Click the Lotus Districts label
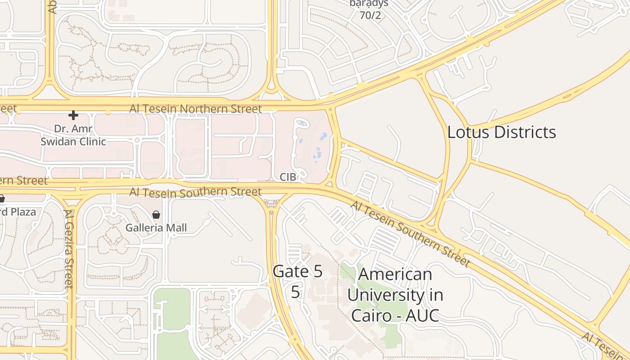point(501,132)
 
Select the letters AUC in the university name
point(422,315)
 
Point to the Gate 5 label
point(297,271)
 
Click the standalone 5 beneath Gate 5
point(295,292)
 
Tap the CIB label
point(288,177)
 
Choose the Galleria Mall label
point(156,228)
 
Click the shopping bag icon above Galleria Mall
point(156,215)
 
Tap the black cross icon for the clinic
point(73,115)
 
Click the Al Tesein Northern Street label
point(195,109)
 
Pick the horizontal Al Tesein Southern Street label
point(195,192)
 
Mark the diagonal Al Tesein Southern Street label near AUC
point(410,233)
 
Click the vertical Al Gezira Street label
point(68,248)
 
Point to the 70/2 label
point(370,15)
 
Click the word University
point(395,295)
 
